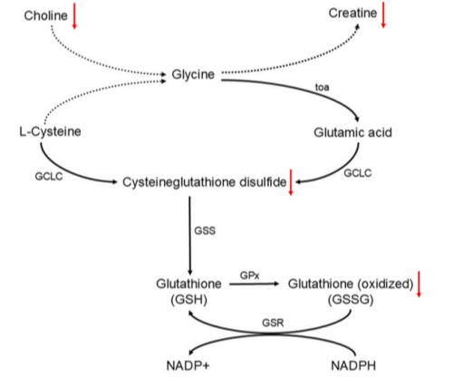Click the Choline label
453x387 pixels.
pos(45,15)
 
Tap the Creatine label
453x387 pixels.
pos(352,14)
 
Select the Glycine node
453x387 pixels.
pos(193,74)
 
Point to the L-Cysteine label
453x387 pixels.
pos(50,131)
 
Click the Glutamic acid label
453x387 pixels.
pos(352,132)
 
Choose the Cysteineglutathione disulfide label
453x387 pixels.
pos(205,182)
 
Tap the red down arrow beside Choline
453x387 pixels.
pos(74,15)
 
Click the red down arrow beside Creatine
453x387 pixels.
pos(383,15)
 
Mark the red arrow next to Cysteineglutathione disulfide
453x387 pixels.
pos(291,182)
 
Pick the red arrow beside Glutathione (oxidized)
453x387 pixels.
pos(419,284)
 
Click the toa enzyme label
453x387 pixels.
pos(322,87)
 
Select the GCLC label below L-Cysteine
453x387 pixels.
pos(49,176)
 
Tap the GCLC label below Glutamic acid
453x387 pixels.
pos(358,173)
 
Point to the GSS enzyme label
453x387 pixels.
pos(205,231)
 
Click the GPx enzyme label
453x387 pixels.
pos(249,276)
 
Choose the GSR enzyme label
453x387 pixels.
pos(273,323)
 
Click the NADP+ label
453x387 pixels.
pos(188,365)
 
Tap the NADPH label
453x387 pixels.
pos(353,365)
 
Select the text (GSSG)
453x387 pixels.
pos(351,300)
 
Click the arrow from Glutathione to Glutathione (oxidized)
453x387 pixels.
pos(255,284)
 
